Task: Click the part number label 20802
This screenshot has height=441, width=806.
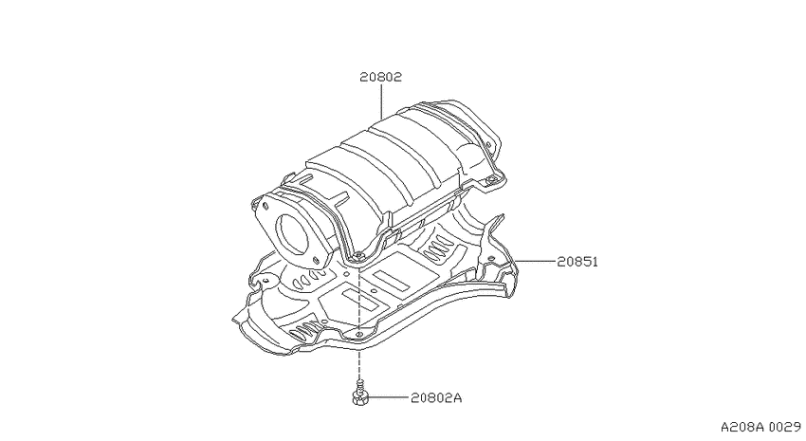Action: [x=380, y=77]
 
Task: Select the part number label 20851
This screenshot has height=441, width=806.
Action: [x=577, y=262]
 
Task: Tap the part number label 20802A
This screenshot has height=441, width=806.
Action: [x=436, y=397]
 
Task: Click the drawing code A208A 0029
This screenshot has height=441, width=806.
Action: [x=760, y=427]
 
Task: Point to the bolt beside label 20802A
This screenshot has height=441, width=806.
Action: [x=360, y=393]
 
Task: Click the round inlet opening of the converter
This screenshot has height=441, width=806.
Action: [x=292, y=233]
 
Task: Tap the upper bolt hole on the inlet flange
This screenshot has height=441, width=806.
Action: [x=266, y=206]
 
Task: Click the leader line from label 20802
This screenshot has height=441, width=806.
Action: [x=381, y=101]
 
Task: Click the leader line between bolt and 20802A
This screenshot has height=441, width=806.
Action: [x=388, y=397]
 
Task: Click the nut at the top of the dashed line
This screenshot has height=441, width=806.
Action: [x=359, y=255]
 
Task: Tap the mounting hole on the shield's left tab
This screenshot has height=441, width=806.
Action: [x=266, y=280]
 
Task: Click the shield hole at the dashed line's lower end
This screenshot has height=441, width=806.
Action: [x=359, y=335]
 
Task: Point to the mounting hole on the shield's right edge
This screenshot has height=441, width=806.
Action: [x=491, y=258]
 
